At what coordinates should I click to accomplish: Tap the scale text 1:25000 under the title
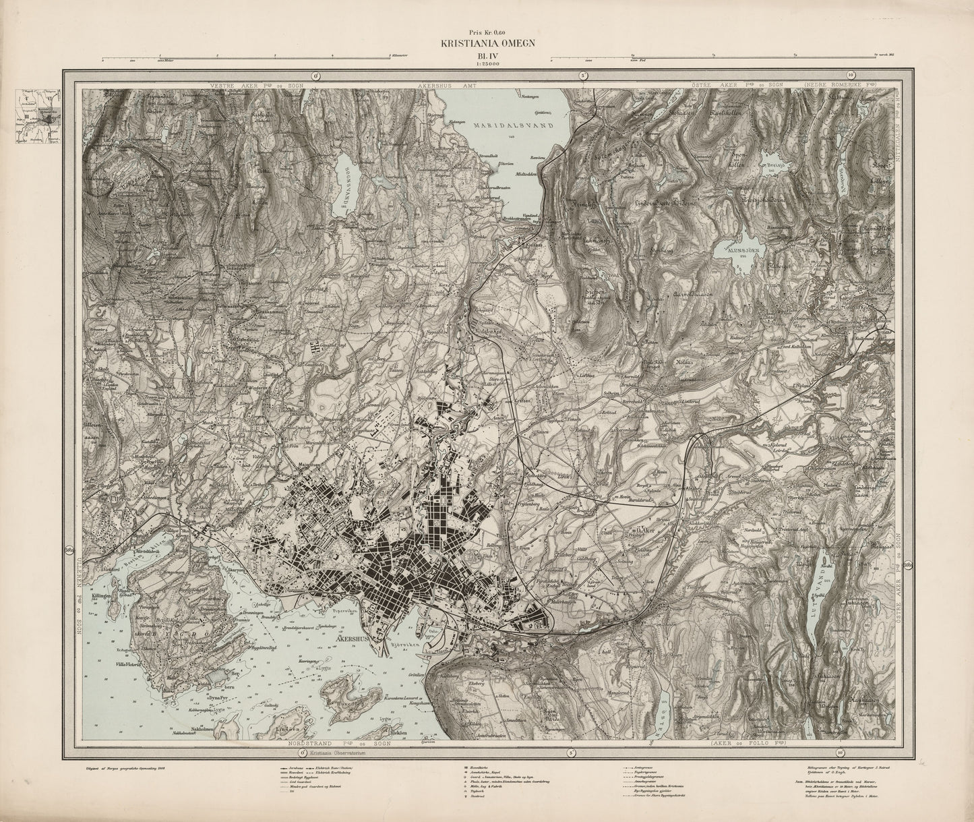pos(487,64)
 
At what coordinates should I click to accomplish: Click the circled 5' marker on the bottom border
pos(571,752)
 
